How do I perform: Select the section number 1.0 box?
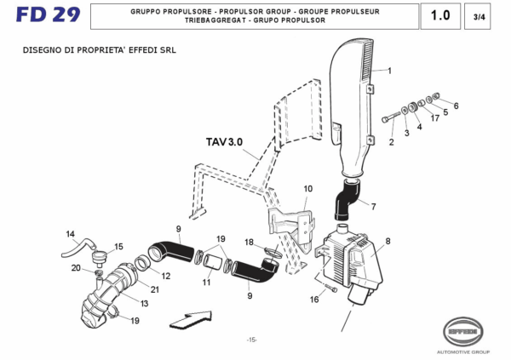(440, 16)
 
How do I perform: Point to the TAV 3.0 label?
(224, 141)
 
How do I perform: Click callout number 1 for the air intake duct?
(390, 71)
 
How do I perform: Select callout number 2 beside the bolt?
(392, 142)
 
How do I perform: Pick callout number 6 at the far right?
(456, 106)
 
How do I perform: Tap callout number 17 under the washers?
(434, 118)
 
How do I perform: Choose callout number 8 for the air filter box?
(388, 242)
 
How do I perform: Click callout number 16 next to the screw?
(314, 300)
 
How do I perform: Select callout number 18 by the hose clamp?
(249, 243)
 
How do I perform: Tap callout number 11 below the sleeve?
(207, 282)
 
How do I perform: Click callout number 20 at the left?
(75, 268)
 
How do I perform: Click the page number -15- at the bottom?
(251, 340)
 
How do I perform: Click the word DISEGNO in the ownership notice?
(42, 50)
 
